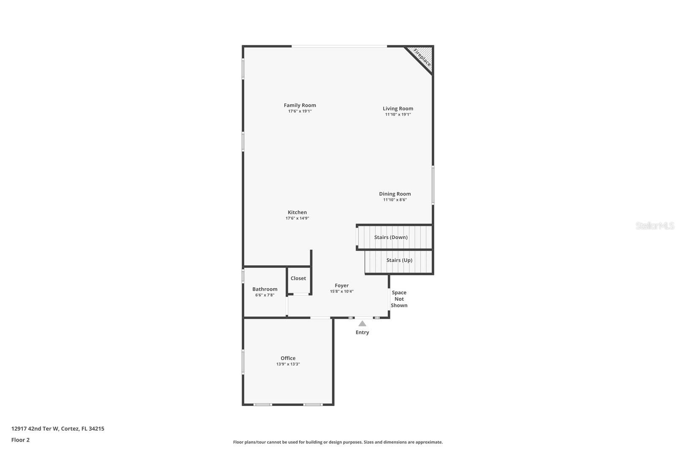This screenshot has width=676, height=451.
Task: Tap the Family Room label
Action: pos(300,105)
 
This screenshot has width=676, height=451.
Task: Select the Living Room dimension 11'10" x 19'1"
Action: pos(398,115)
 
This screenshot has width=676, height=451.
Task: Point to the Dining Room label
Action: pos(395,194)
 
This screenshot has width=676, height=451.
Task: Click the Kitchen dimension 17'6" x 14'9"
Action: pos(297,218)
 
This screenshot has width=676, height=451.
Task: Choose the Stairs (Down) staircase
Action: pos(391,237)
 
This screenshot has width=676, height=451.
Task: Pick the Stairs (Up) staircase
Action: pos(399,260)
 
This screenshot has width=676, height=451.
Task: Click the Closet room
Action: pos(298,278)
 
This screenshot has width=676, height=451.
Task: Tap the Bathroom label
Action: pos(265,289)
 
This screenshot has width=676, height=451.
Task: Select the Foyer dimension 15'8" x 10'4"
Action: pos(341,291)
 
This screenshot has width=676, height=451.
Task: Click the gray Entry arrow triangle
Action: pos(362,324)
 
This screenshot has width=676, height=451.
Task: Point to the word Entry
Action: pos(362,333)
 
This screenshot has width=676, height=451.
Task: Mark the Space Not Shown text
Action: pos(399,299)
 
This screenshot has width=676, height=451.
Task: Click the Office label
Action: pos(288,358)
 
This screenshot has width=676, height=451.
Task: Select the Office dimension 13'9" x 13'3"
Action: pos(288,364)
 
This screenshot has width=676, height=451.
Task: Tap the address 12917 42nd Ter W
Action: pos(35,429)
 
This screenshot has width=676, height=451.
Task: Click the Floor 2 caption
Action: pos(20,440)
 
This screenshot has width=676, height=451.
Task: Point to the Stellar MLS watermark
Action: pos(654,226)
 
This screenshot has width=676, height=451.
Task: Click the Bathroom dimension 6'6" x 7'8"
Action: pos(264,295)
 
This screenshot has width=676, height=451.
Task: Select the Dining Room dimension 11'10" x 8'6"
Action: pos(395,200)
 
